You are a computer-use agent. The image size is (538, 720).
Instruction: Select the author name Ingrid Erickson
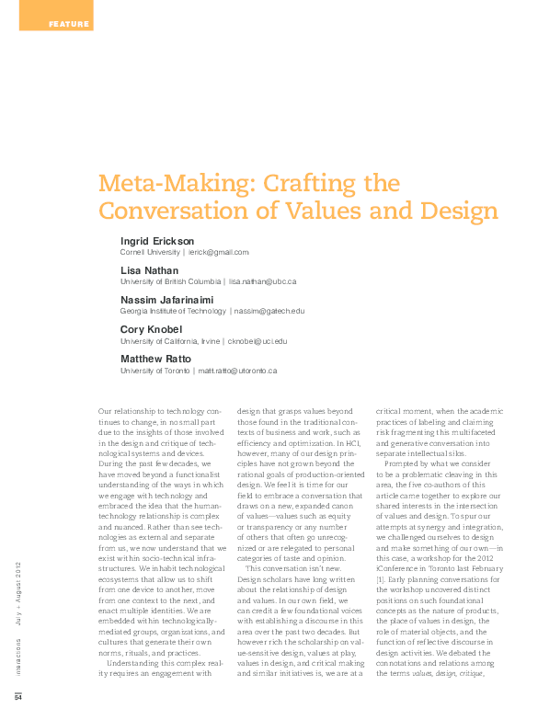157,241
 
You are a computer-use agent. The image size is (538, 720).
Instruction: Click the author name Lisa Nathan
149,270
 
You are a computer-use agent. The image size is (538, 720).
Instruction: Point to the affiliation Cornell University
152,251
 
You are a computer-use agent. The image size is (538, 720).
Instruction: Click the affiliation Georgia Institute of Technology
173,311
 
